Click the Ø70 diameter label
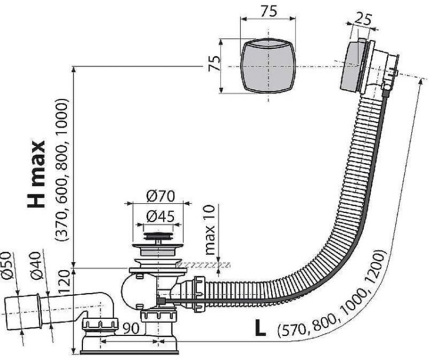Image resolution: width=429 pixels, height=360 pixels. tap(160, 196)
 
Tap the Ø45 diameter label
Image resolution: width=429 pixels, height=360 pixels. tap(160, 216)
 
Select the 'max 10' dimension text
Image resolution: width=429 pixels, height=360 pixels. tap(210, 230)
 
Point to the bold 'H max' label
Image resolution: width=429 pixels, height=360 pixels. tap(36, 174)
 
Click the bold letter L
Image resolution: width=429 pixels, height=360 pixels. tap(260, 328)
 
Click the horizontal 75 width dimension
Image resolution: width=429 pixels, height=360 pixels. tap(268, 11)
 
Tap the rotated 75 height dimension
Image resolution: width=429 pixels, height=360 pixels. tap(214, 63)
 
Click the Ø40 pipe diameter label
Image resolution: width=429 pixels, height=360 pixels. tap(36, 266)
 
